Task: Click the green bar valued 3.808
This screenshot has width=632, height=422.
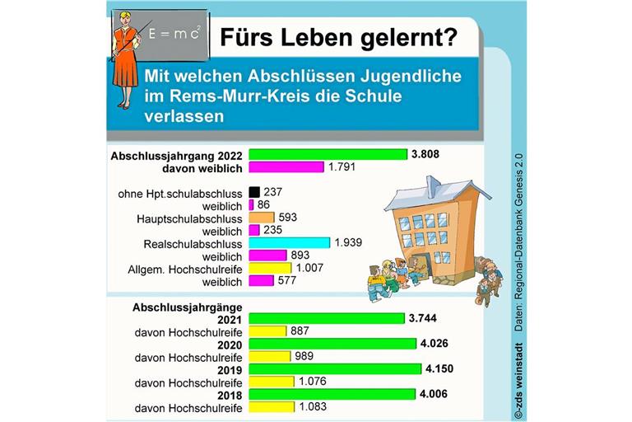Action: pyautogui.click(x=328, y=154)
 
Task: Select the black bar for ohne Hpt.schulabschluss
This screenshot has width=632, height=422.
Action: pyautogui.click(x=253, y=192)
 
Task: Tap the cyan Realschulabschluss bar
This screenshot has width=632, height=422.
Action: pyautogui.click(x=289, y=243)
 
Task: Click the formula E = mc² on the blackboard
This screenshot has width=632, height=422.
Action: pyautogui.click(x=175, y=34)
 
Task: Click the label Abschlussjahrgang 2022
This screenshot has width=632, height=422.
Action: pyautogui.click(x=176, y=154)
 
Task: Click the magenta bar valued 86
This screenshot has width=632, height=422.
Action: pyautogui.click(x=251, y=204)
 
